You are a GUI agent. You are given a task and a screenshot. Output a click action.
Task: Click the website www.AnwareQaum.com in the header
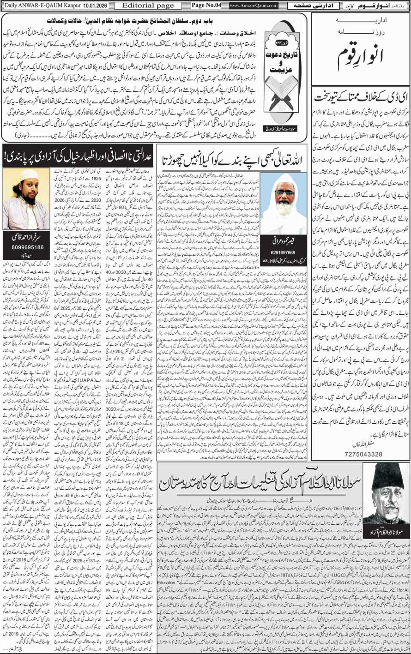pyautogui.click(x=254, y=6)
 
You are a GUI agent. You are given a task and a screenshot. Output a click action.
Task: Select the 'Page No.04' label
pyautogui.click(x=207, y=6)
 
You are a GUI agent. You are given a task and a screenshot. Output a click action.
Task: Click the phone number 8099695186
pyautogui.click(x=26, y=247)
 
